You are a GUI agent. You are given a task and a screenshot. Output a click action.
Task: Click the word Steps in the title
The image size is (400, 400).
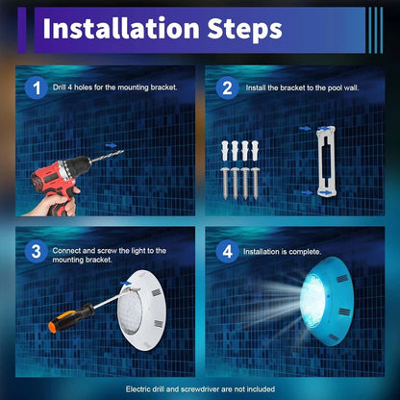pos(245,30)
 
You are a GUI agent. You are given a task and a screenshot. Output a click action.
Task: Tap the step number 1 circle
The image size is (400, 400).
pos(37,87)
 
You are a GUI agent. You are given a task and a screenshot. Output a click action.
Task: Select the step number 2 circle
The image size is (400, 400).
pos(227,87)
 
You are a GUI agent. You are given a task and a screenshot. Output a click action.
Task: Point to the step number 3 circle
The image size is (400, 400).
pos(37,251)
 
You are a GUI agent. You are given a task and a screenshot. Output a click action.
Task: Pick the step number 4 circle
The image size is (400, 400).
pos(227,251)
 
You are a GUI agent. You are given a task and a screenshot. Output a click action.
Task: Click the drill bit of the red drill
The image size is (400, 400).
pos(107,157)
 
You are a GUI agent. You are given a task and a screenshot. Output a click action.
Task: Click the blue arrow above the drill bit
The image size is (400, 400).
pos(111,145)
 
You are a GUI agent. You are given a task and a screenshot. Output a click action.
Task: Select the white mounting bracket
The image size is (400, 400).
pos(326,162)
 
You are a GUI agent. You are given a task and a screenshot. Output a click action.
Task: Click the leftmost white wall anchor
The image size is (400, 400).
pos(225,150)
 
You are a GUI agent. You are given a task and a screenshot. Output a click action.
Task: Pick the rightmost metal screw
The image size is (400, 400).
pos(256,183)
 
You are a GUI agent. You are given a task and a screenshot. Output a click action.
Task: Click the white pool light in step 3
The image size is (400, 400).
pos(141,310)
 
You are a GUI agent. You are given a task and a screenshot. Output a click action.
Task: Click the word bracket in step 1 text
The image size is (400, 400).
pos(163,87)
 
